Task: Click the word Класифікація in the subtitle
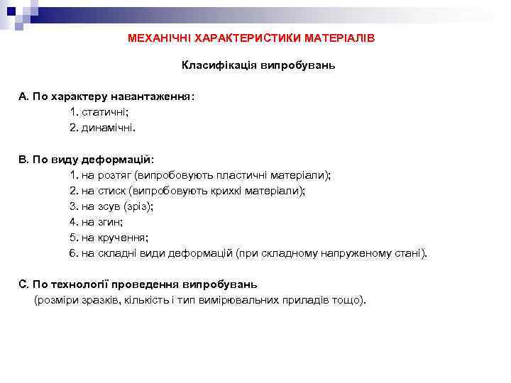(x=214, y=66)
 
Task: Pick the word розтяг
(x=111, y=174)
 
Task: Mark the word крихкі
(x=222, y=190)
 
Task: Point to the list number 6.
(x=72, y=253)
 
